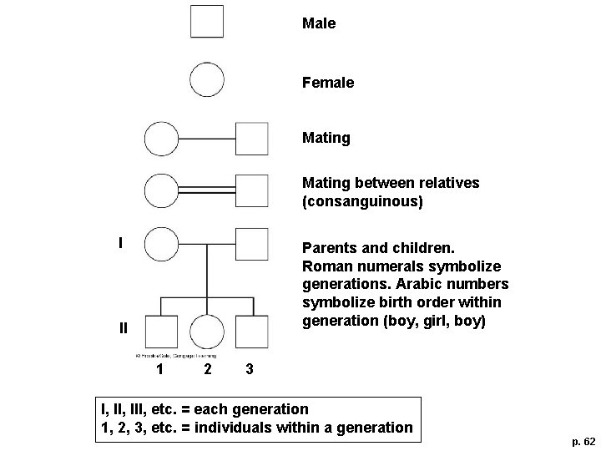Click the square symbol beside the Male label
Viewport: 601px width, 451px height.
tap(207, 22)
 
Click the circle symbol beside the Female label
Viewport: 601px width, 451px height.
tap(207, 80)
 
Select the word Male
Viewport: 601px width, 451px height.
tap(319, 24)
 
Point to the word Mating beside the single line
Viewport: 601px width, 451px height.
tap(326, 138)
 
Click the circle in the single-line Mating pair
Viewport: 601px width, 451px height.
tap(161, 139)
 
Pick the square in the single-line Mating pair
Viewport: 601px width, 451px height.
tap(252, 139)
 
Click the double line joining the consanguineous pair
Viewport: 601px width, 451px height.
tap(207, 191)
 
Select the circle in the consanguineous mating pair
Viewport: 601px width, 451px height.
tap(161, 191)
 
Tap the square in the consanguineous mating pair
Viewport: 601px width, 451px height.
tap(252, 191)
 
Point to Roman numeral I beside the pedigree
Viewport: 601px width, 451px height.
tap(121, 244)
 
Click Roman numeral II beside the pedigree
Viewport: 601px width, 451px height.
tap(123, 327)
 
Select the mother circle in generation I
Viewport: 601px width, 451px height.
tap(161, 245)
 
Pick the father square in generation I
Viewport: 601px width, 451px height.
tap(252, 245)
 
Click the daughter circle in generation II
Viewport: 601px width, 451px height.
tap(207, 332)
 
